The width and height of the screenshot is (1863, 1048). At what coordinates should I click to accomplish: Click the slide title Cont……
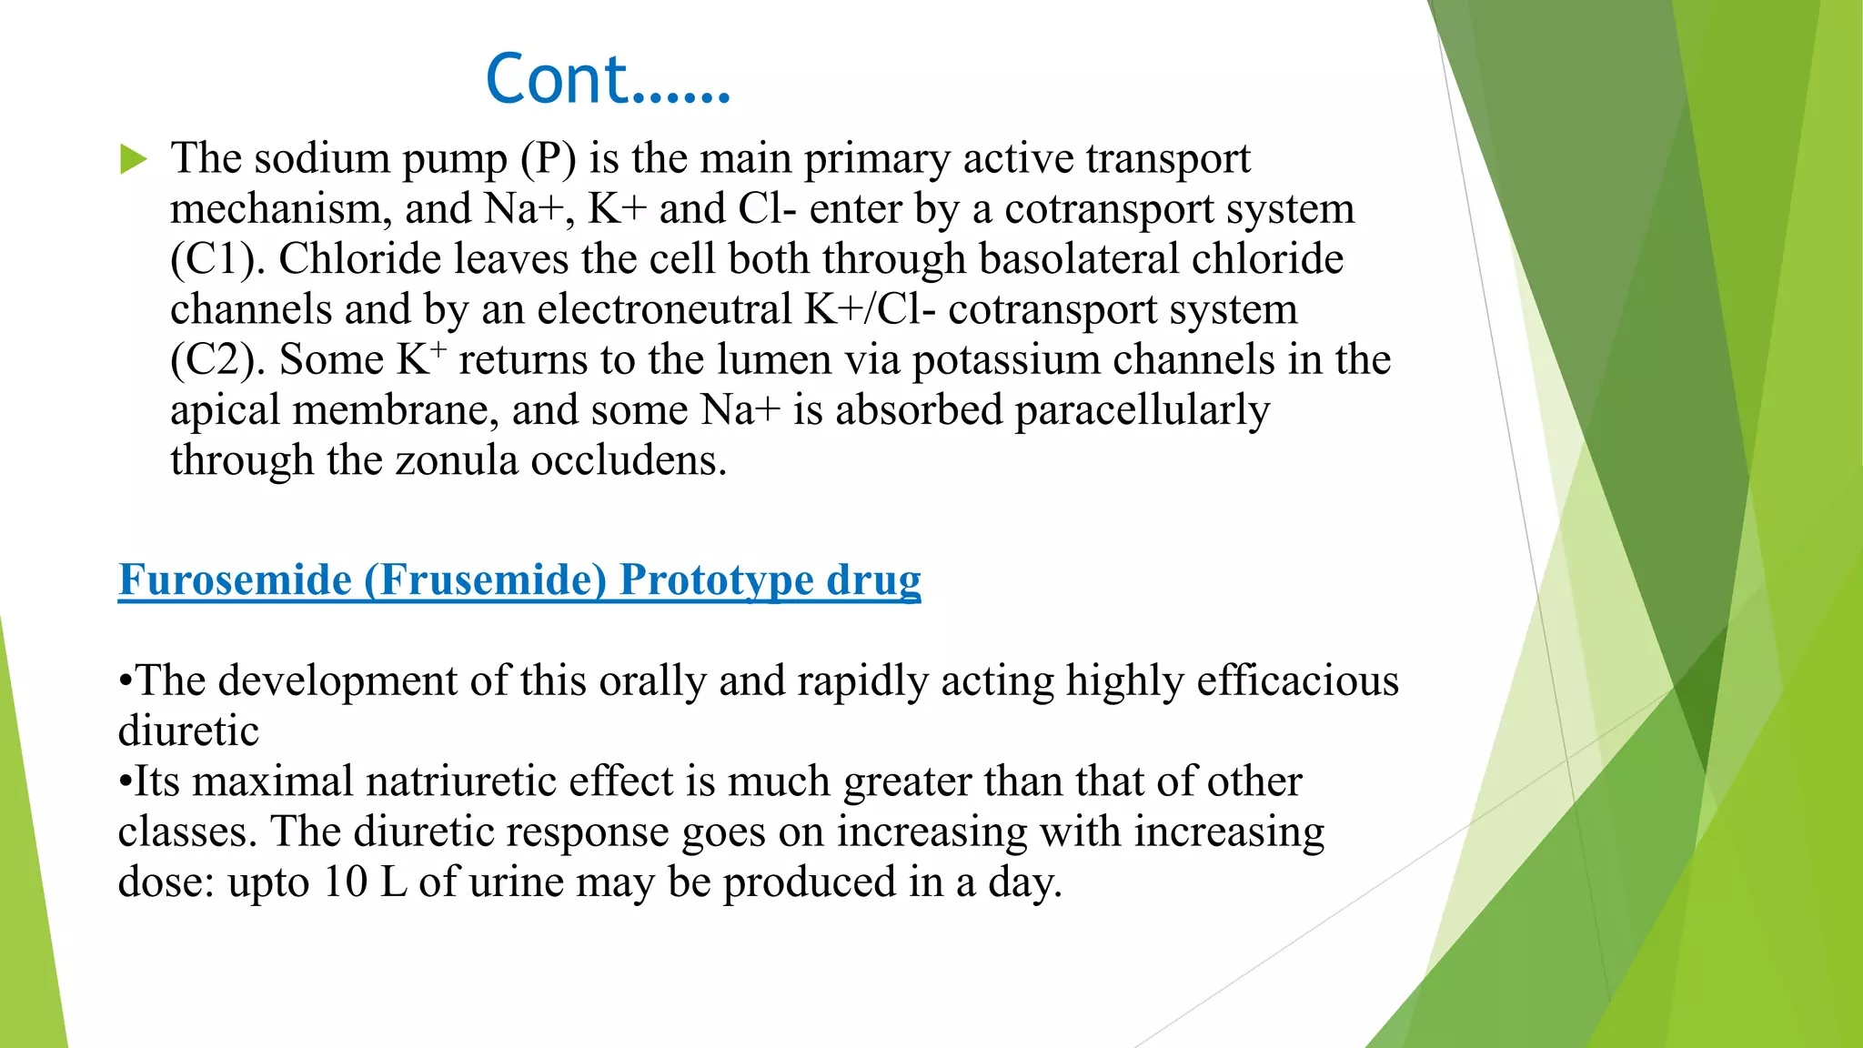[608, 80]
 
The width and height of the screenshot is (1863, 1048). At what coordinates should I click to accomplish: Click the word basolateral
[1079, 259]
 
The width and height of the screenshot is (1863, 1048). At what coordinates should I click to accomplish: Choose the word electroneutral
[664, 309]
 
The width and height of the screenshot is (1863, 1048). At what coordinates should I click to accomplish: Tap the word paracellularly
[1142, 411]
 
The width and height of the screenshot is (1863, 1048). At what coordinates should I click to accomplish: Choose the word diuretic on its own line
[188, 731]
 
